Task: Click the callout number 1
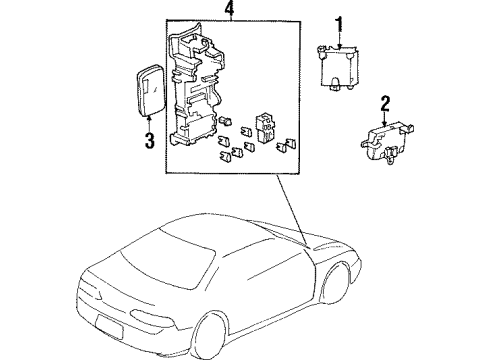pos(338,23)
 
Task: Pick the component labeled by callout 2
pos(381,141)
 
